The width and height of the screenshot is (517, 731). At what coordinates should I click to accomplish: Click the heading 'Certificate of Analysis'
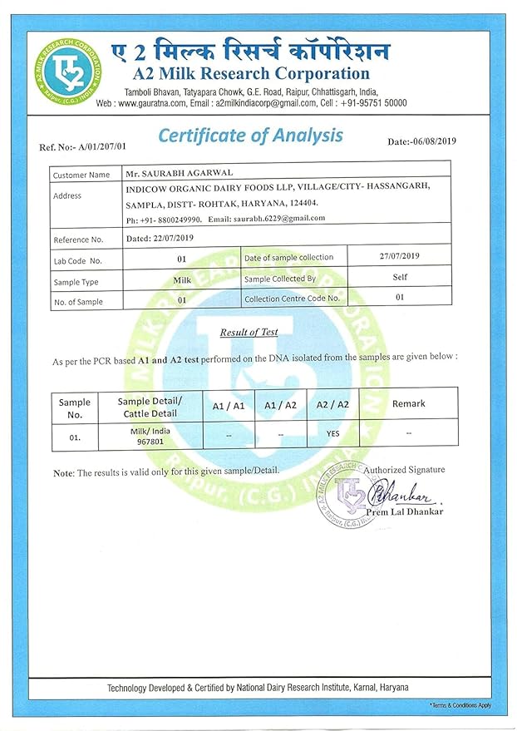pyautogui.click(x=250, y=135)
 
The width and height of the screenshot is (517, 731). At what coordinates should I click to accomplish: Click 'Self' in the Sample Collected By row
pyautogui.click(x=400, y=278)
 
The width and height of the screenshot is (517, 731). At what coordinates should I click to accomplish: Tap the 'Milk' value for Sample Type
pyautogui.click(x=181, y=281)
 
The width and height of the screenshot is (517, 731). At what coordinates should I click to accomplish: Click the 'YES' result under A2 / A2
pyautogui.click(x=332, y=433)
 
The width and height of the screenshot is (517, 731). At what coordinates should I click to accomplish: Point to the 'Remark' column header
pyautogui.click(x=409, y=403)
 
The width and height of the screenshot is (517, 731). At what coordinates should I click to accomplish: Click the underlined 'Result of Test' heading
pyautogui.click(x=249, y=333)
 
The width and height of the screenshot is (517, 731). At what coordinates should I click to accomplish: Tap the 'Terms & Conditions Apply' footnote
pyautogui.click(x=460, y=704)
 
